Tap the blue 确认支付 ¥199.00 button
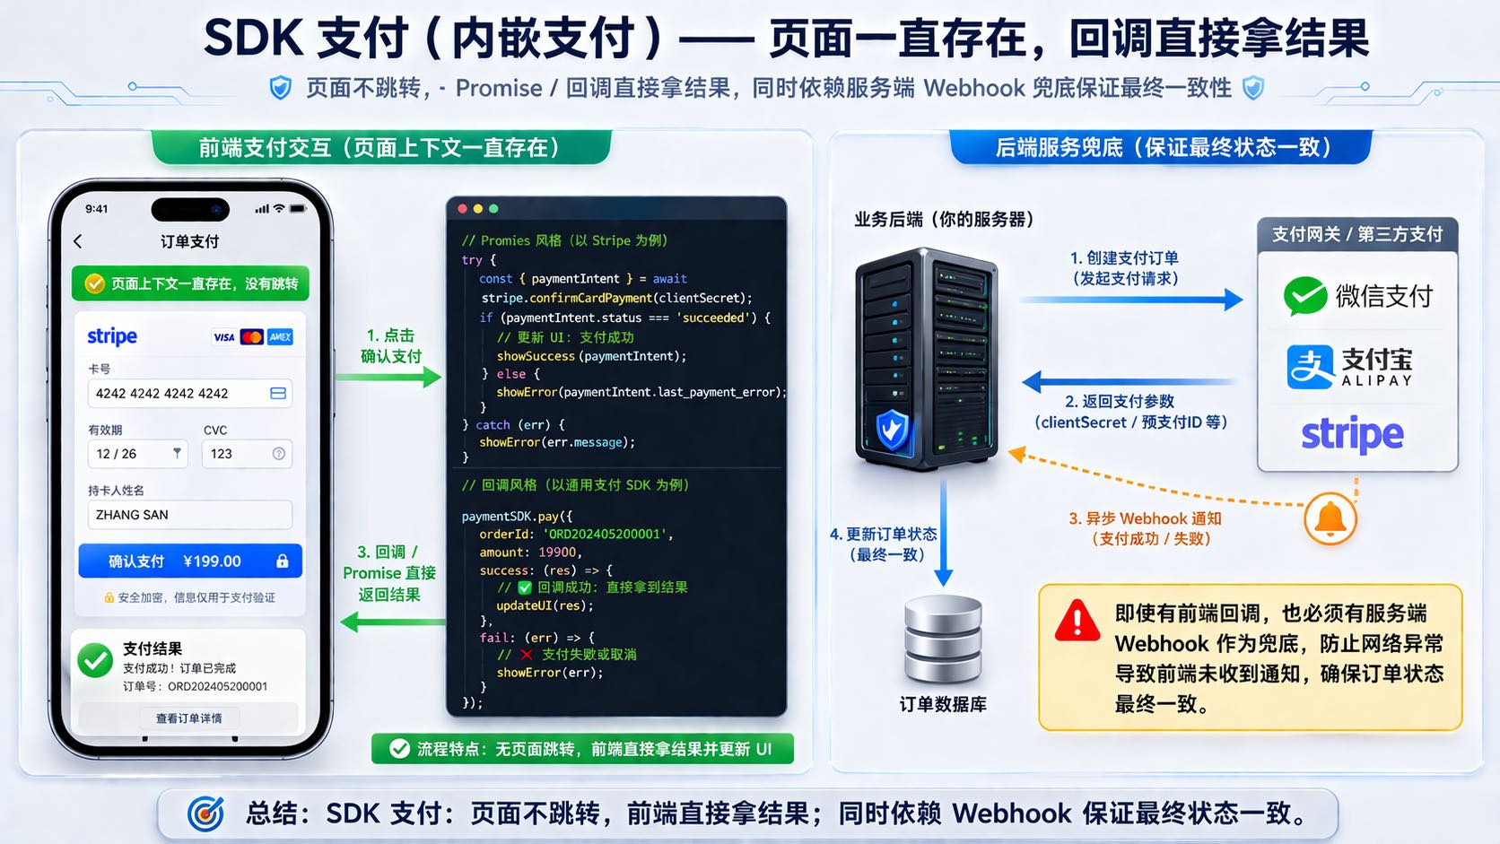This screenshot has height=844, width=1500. pos(189,561)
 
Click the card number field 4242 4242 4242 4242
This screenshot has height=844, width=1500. pos(189,394)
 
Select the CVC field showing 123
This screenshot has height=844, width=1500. pos(247,454)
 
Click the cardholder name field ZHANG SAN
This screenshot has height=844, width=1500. pos(189,515)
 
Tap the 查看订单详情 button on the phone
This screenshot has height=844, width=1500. pos(188,718)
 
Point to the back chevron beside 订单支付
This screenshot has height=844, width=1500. pos(78,241)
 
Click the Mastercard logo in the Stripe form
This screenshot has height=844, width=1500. pos(252,337)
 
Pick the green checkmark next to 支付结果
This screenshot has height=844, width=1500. pos(95,661)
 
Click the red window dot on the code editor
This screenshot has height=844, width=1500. pos(463,209)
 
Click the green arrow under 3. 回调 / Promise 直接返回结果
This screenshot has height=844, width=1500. pos(392,621)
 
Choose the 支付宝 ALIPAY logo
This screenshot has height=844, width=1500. pos(1349,367)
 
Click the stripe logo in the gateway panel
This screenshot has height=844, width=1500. pos(1352,435)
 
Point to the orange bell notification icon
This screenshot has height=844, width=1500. pos(1330,518)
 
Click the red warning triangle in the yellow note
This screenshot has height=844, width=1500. pos(1077,621)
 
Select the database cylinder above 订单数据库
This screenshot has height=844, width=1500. pos(943,640)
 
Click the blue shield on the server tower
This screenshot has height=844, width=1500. pos(892,430)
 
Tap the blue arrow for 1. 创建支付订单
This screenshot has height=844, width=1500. pos(1130,300)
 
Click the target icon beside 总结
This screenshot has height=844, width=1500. pos(206,814)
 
